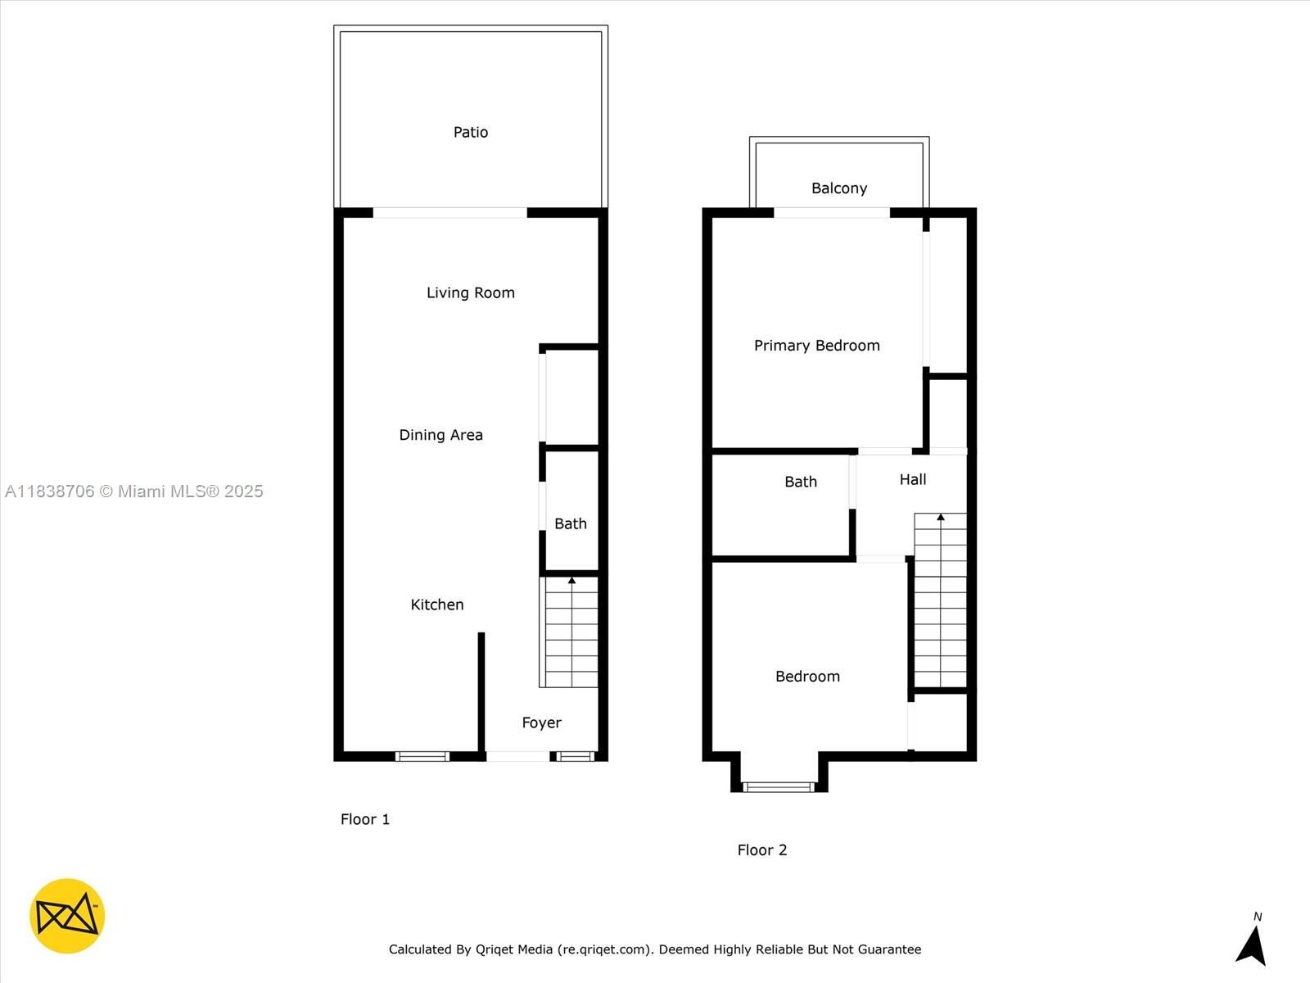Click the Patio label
point(471,132)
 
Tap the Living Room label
point(471,292)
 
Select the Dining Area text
point(440,435)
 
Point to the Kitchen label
point(436,605)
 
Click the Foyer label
point(541,723)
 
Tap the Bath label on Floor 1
point(570,523)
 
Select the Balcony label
point(838,188)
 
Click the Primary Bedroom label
point(816,346)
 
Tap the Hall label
point(912,479)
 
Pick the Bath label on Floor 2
point(800,482)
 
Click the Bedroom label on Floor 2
point(807,677)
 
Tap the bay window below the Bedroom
point(779,787)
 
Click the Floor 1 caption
point(365,819)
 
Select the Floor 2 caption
point(761,850)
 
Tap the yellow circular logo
point(67,916)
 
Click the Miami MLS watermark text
point(134,491)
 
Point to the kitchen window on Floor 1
point(422,756)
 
